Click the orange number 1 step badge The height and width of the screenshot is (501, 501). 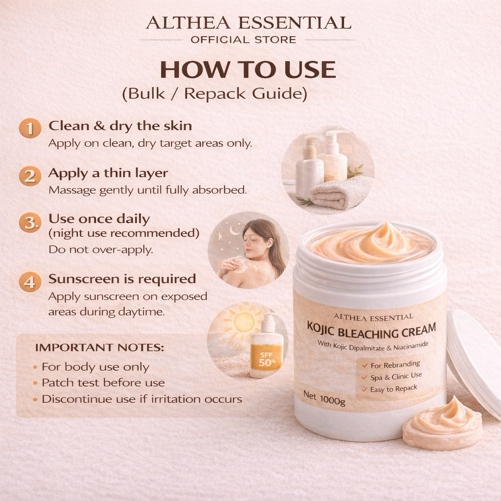(x=30, y=129)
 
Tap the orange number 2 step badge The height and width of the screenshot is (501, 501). (x=30, y=176)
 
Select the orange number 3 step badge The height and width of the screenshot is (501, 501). (x=30, y=223)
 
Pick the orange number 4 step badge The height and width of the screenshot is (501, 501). (x=30, y=282)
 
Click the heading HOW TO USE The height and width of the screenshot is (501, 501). (x=248, y=69)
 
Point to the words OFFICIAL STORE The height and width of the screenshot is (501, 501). (x=244, y=40)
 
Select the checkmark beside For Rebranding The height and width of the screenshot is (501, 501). (x=364, y=365)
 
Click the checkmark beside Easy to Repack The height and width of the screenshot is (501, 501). (x=364, y=389)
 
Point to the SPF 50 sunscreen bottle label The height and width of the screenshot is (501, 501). (x=266, y=358)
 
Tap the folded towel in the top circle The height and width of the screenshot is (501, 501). (x=341, y=193)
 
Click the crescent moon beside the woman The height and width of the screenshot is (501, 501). (x=234, y=230)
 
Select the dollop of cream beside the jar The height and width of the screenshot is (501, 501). (x=442, y=422)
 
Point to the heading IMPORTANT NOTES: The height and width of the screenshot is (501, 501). (x=100, y=347)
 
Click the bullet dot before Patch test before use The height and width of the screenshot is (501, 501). (x=35, y=383)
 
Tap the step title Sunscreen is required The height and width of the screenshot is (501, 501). (x=122, y=279)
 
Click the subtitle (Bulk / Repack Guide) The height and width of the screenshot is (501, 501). (x=215, y=94)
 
